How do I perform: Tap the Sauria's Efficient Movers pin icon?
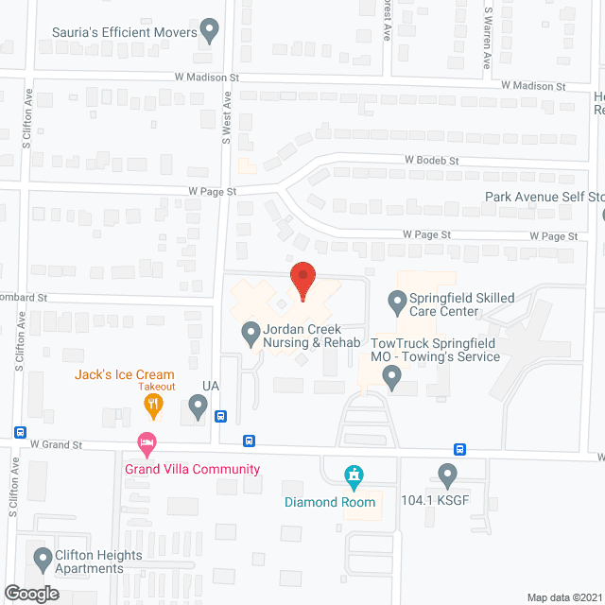coord(211,31)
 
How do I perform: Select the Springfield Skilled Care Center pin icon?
coord(397,302)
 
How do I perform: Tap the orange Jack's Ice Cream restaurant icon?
coord(153,406)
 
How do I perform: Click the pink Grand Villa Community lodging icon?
coord(146,441)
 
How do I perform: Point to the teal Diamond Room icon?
coord(354,475)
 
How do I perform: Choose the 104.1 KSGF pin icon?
coord(448,473)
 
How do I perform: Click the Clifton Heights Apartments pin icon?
coord(42,560)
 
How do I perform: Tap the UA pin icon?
coord(198,407)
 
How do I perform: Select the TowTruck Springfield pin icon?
coord(391,378)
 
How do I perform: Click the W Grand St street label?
coord(56,443)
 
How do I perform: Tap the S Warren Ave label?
coord(488,38)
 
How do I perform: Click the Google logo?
coord(30,593)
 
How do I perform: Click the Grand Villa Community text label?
coord(192,470)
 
